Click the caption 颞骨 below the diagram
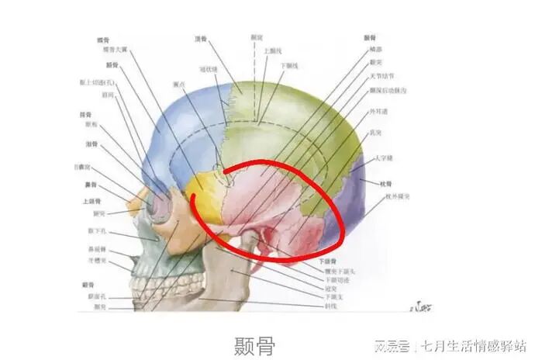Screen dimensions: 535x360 (x=255, y=344)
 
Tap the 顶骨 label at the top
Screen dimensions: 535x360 (x=200, y=37)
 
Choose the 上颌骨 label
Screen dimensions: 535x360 (x=89, y=201)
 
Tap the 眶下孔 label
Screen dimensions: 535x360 (x=97, y=231)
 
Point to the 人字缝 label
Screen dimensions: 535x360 (x=385, y=159)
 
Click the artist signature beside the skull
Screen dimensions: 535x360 (x=417, y=300)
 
